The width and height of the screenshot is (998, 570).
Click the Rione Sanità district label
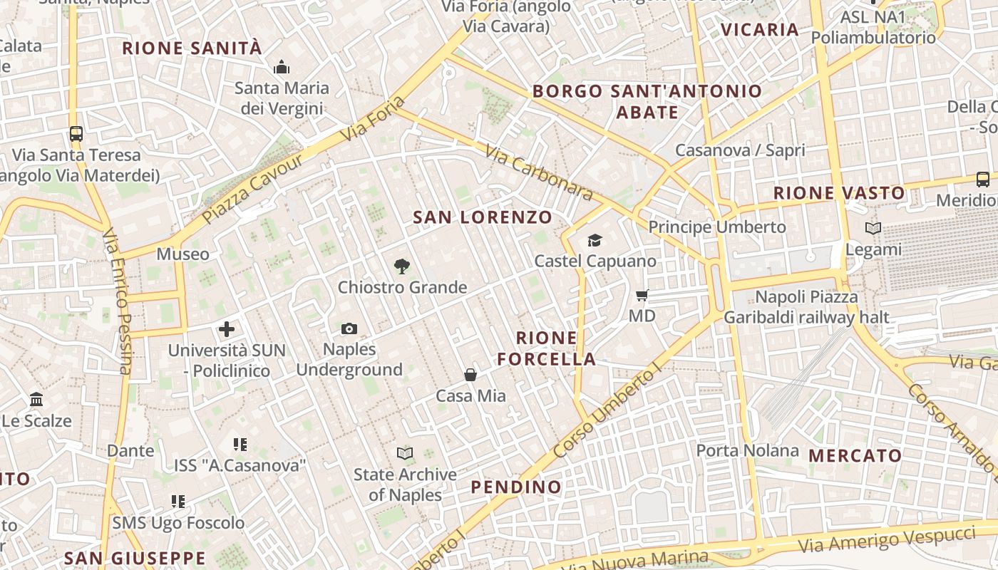[x=192, y=48]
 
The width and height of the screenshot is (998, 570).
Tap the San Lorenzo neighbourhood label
[x=483, y=217]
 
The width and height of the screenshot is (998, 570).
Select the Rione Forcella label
[x=547, y=348]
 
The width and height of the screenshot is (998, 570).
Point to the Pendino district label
[x=516, y=487]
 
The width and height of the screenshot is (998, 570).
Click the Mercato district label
[x=855, y=455]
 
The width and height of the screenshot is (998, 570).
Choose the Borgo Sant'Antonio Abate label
[x=647, y=101]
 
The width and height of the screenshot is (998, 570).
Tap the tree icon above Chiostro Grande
[x=402, y=266]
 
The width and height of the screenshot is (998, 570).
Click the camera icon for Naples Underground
[x=349, y=328]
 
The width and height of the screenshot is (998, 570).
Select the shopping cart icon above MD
[x=642, y=295]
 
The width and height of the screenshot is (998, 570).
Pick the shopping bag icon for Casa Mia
[x=470, y=375]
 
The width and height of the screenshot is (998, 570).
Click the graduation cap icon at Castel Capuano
[x=595, y=241]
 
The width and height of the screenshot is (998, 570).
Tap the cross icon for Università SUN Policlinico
[x=227, y=329]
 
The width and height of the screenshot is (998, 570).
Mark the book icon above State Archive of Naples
[x=405, y=453]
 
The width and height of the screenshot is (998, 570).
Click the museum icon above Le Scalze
[x=36, y=400]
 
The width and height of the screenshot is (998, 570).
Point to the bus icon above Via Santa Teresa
[x=76, y=133]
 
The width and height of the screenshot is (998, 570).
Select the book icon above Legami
[x=873, y=229]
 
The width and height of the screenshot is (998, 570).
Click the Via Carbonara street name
[x=539, y=172]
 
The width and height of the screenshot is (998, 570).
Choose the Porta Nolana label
[x=747, y=450]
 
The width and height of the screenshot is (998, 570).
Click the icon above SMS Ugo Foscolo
[x=178, y=502]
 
